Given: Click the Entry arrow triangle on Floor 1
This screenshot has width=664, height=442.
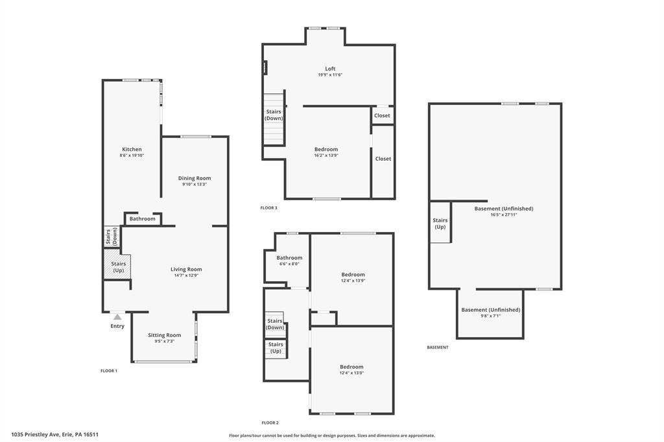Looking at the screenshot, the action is [117, 317].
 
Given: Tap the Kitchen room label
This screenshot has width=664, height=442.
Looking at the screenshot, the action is [132, 149].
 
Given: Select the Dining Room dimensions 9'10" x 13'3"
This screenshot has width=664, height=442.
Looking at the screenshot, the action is [195, 184].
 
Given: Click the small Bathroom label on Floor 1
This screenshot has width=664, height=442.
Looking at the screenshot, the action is [142, 219].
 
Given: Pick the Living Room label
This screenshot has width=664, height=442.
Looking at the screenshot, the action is [186, 269].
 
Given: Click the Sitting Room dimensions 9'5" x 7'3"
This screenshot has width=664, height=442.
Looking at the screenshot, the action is [164, 342].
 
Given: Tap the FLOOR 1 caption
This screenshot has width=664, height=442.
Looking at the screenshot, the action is [109, 371].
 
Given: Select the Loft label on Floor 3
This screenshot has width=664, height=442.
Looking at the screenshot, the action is [330, 69].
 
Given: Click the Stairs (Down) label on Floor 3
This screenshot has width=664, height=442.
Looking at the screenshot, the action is [274, 115].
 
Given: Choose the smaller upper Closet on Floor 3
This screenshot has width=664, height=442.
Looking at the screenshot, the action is [382, 115].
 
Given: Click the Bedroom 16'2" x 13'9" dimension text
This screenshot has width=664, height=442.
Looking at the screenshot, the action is [326, 156].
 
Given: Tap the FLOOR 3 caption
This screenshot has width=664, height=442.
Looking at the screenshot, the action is [269, 208].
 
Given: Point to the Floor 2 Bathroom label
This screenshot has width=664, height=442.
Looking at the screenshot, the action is [289, 258].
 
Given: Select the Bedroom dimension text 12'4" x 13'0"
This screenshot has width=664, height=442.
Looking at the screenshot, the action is [351, 373].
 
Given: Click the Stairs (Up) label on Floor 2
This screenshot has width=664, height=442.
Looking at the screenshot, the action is [276, 347].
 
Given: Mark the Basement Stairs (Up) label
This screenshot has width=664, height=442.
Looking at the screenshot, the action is [440, 224].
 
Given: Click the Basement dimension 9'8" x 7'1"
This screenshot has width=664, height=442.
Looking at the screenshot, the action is [490, 316].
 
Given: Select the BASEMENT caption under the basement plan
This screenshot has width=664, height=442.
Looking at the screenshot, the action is [438, 347].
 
